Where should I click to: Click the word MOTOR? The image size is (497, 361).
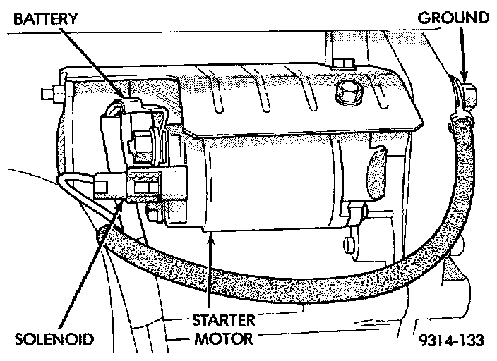[x=222, y=338]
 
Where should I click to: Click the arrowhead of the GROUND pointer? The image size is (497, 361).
[x=465, y=76]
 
